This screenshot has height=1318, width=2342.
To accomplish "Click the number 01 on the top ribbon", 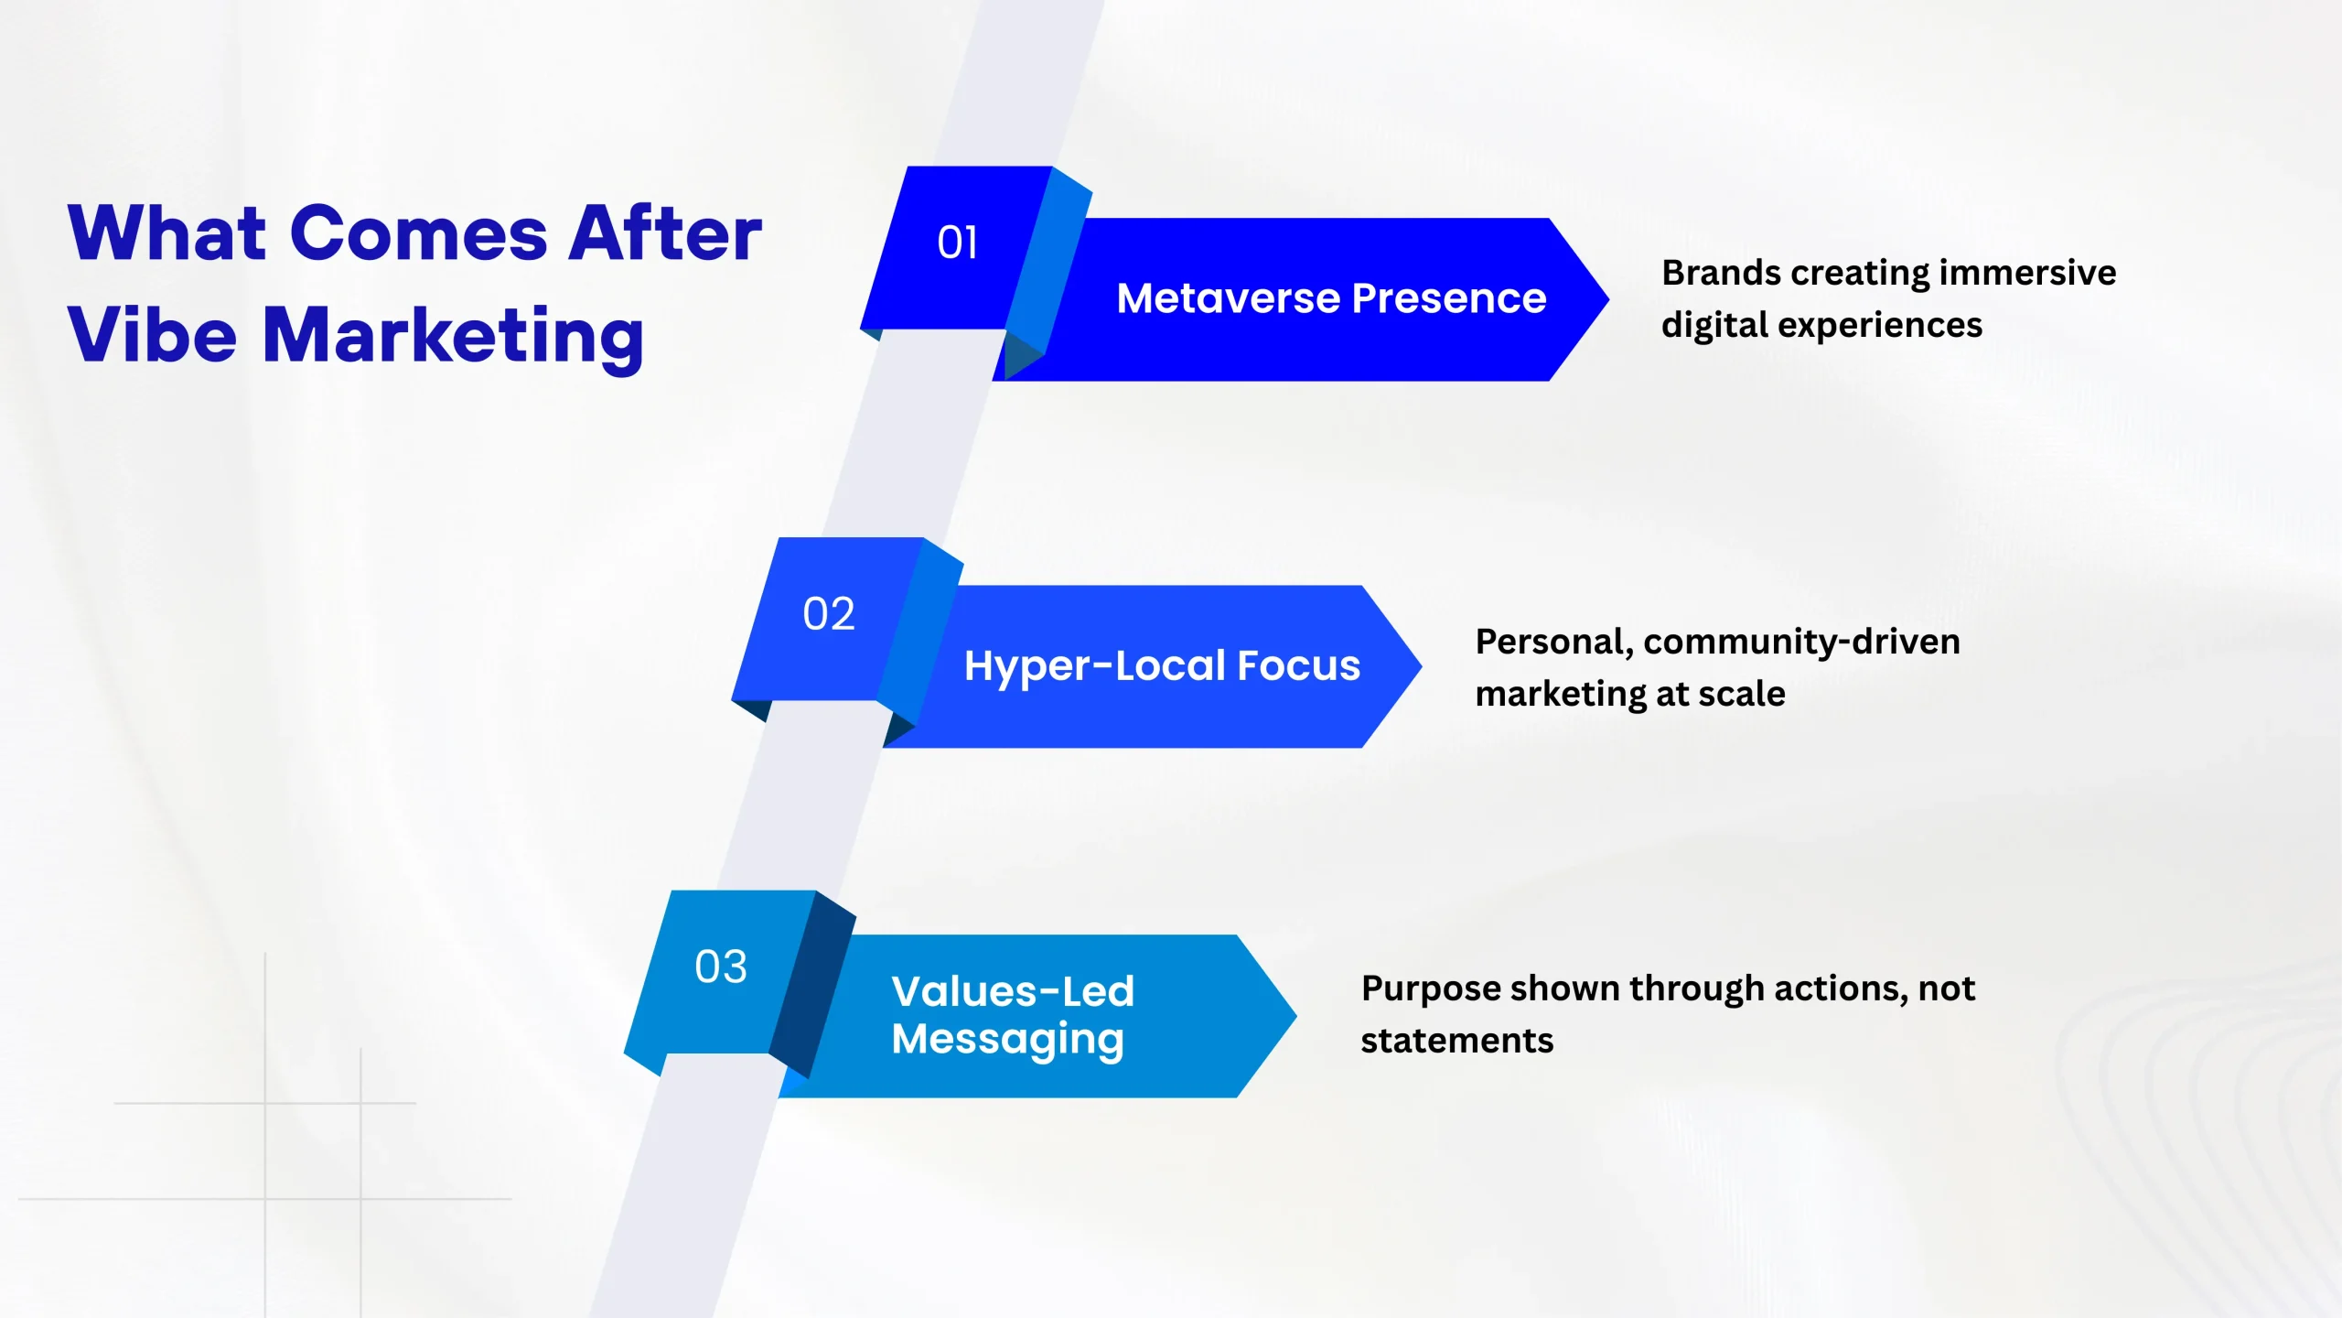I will [x=957, y=243].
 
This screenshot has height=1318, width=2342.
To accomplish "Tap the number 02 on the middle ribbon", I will [x=829, y=614].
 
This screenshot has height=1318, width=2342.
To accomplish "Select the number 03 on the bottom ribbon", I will [x=721, y=967].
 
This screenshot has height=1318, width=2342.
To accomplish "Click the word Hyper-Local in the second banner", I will [x=1094, y=666].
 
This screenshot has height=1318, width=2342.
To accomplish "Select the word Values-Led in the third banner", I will [x=1013, y=991].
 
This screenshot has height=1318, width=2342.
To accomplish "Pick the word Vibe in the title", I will [x=152, y=335].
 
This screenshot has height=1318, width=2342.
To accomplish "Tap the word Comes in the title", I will [x=419, y=234].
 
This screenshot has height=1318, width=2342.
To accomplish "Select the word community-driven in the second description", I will [x=1801, y=642].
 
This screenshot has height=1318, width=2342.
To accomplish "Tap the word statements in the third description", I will [x=1456, y=1041].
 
